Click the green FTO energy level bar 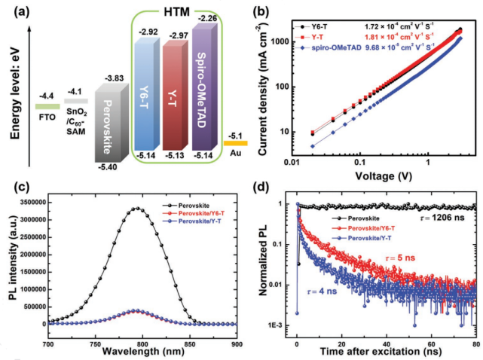click(47, 106)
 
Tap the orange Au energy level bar click(235, 142)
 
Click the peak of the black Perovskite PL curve click(135, 209)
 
